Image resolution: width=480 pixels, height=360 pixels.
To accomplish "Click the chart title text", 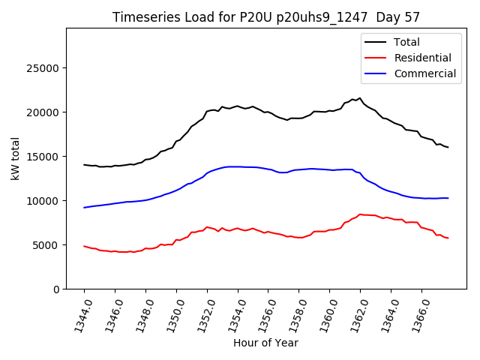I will (266, 17).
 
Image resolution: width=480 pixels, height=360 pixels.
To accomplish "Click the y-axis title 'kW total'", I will (16, 158).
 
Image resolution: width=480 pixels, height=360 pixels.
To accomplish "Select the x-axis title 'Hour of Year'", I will (265, 343).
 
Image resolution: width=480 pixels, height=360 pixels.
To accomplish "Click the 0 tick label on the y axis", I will (57, 289).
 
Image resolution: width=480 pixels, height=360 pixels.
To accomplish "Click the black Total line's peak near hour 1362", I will (360, 98).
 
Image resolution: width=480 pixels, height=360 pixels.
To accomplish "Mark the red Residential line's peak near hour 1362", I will (360, 214).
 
